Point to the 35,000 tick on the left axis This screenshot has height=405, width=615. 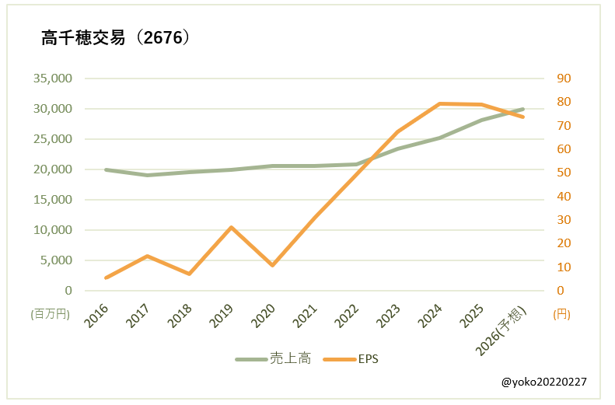(x=52, y=79)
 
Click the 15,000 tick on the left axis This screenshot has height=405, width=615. (x=52, y=200)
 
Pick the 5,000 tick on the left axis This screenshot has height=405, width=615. (x=55, y=260)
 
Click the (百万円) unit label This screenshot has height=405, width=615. (x=50, y=314)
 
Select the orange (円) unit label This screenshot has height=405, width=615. (x=561, y=314)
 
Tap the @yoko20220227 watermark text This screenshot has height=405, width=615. (x=544, y=382)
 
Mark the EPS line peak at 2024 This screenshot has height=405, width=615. (x=439, y=103)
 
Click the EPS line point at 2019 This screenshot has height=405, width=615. (x=231, y=227)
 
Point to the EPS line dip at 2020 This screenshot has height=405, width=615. (x=272, y=266)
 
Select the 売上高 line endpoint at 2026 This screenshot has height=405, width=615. (x=523, y=109)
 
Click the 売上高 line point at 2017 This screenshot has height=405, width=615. (x=147, y=175)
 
